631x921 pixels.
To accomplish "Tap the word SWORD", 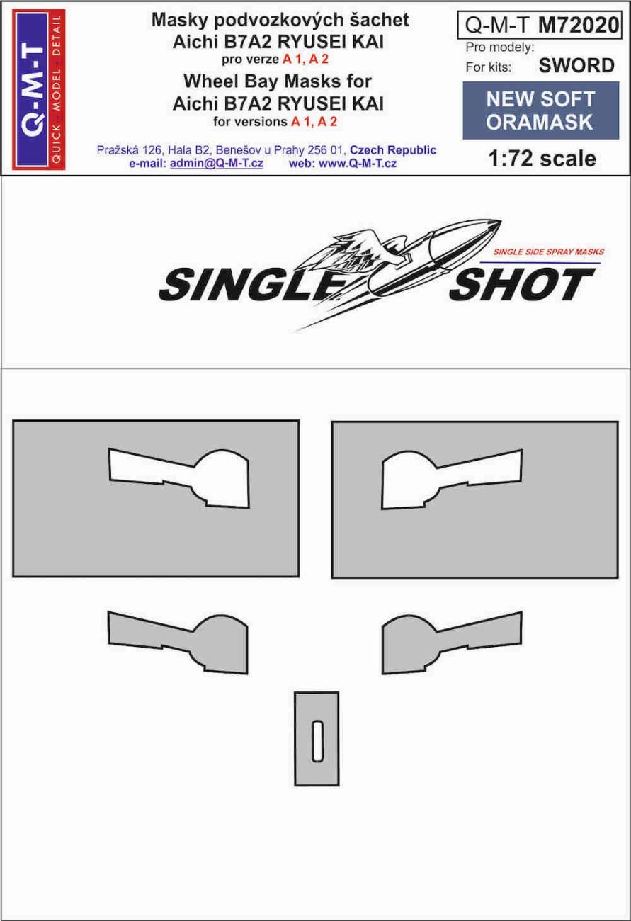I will click(576, 66).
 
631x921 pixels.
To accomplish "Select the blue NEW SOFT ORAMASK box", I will click(540, 110).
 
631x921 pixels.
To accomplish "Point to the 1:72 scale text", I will click(542, 158).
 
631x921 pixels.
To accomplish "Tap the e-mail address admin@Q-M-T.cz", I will click(216, 163).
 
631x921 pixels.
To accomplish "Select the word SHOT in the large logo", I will click(522, 285).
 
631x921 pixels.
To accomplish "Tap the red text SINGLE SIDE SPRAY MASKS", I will click(547, 252).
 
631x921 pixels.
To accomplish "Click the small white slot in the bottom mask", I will click(317, 739).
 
